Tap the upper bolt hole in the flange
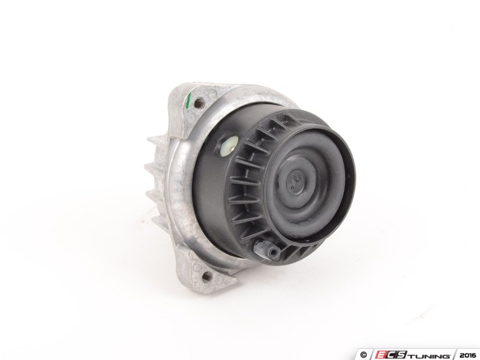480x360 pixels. coord(199,102)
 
